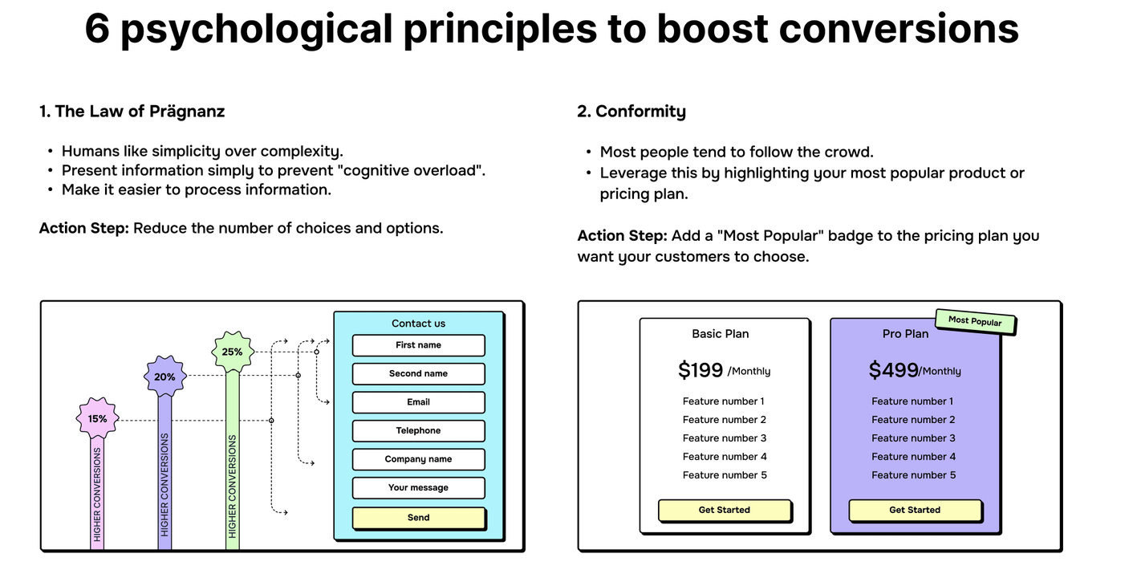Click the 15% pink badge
tap(97, 418)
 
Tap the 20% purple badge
tap(164, 377)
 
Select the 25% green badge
tap(232, 352)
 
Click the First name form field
tap(418, 345)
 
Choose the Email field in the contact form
tap(418, 402)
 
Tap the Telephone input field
tap(418, 431)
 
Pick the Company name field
tap(418, 459)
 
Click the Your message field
tap(418, 487)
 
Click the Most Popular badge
tap(975, 322)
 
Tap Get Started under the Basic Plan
tap(725, 511)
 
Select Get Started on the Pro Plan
tap(915, 511)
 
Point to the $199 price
tap(700, 370)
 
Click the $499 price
tap(893, 370)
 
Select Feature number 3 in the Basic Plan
tap(725, 438)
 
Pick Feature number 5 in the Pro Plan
tap(914, 475)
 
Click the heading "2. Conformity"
tap(631, 112)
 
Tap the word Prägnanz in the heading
tap(187, 112)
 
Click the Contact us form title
tap(418, 323)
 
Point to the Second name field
tap(418, 374)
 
